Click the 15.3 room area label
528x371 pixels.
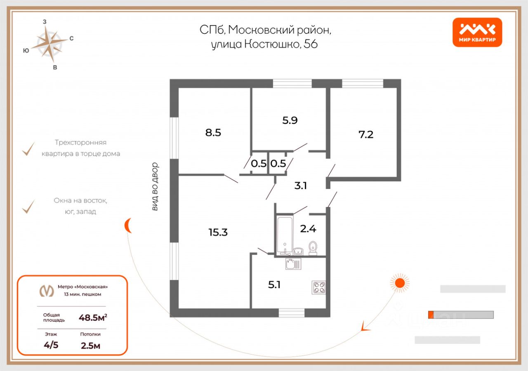pyautogui.click(x=218, y=232)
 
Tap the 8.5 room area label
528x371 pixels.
pyautogui.click(x=213, y=133)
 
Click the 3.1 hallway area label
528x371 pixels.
pyautogui.click(x=300, y=185)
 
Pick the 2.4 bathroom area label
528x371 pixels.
pyautogui.click(x=308, y=228)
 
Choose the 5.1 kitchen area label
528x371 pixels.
pyautogui.click(x=274, y=284)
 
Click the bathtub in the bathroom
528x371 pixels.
pyautogui.click(x=284, y=235)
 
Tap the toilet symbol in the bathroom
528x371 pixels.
pyautogui.click(x=313, y=248)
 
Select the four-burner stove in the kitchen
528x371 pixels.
pyautogui.click(x=319, y=287)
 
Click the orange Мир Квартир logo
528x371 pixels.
pyautogui.click(x=477, y=32)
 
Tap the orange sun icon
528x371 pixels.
pyautogui.click(x=399, y=283)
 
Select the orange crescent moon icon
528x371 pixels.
pyautogui.click(x=128, y=225)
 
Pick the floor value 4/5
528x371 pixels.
pyautogui.click(x=51, y=345)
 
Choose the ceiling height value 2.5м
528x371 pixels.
pyautogui.click(x=90, y=345)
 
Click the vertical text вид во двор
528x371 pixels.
pyautogui.click(x=155, y=187)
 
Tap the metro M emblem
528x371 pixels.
pyautogui.click(x=46, y=291)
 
